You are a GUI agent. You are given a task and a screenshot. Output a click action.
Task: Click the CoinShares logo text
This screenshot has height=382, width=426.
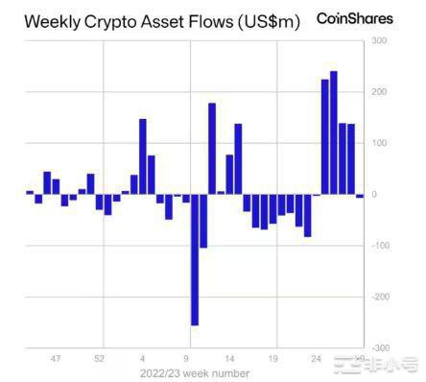pos(357,19)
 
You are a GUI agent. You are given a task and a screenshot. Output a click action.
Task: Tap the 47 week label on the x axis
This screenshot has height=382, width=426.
pos(56,359)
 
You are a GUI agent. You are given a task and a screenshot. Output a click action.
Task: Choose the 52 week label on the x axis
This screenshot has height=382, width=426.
pos(99,359)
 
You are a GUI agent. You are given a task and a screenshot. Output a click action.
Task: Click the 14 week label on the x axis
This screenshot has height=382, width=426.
pos(229,359)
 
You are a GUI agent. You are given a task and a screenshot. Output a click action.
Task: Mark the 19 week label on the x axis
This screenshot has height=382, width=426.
pos(272,359)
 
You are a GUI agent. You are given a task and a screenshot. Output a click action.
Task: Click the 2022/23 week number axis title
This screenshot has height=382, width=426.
pos(195,373)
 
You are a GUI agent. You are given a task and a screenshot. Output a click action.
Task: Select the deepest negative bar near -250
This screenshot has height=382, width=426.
pos(195,259)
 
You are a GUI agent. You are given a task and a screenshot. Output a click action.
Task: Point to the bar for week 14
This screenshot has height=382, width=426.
pos(238,158)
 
